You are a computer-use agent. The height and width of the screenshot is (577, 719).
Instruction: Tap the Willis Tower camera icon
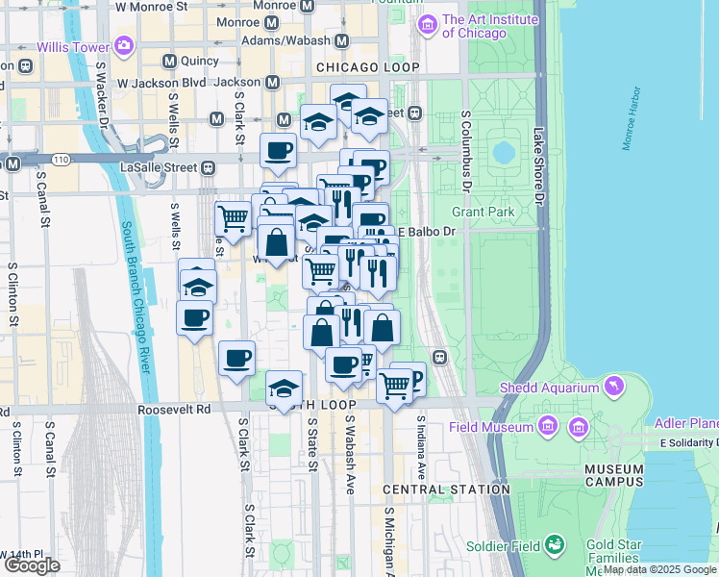pyautogui.click(x=123, y=45)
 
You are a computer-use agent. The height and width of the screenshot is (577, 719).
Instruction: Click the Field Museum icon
pyautogui.click(x=547, y=425)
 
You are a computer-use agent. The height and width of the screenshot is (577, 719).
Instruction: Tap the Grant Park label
pyautogui.click(x=483, y=211)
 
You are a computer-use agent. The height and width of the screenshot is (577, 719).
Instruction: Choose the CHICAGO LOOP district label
pyautogui.click(x=367, y=67)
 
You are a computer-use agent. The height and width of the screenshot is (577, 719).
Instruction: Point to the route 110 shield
pyautogui.click(x=61, y=158)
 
